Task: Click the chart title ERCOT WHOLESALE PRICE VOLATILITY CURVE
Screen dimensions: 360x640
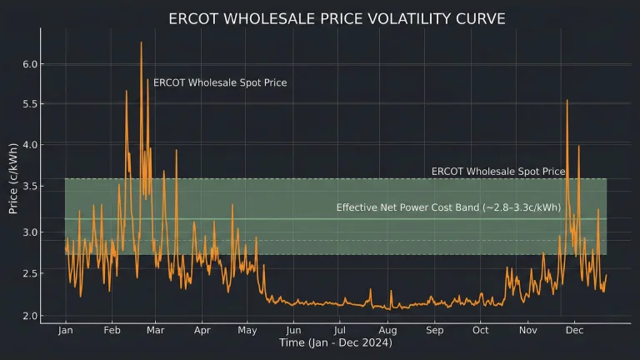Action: [x=336, y=18]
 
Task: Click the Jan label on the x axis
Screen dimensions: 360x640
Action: [x=66, y=331]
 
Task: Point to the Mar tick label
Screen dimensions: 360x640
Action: [x=155, y=331]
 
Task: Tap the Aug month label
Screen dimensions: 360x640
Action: [x=387, y=331]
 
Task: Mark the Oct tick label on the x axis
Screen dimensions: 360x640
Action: [x=480, y=331]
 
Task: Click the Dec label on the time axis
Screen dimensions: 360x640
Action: [x=574, y=331]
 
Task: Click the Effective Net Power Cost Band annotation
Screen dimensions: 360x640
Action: [x=448, y=207]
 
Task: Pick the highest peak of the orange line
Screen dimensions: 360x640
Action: [x=141, y=42]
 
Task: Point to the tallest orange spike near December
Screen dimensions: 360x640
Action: [x=567, y=101]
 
